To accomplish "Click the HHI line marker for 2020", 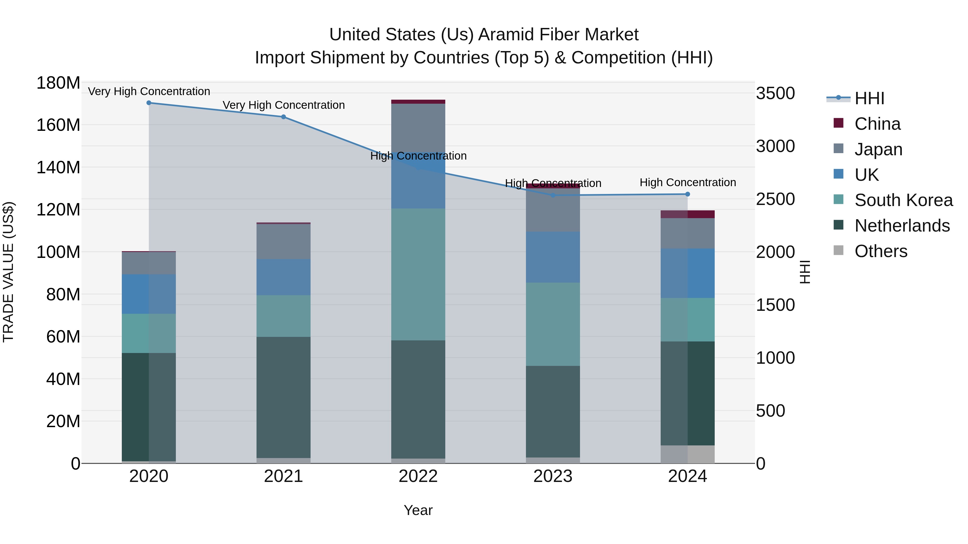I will (149, 103).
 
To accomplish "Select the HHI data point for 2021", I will (283, 117).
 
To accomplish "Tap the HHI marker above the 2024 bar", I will (687, 194).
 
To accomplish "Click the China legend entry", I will (877, 124).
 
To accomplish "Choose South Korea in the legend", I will (903, 200).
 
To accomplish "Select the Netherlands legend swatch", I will (838, 225).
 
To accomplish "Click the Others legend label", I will (881, 251).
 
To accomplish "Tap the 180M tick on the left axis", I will (58, 83).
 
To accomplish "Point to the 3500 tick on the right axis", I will (775, 93).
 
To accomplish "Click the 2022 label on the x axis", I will (418, 476).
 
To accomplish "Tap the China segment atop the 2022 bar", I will (418, 101).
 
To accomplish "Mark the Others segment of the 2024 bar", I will (687, 454).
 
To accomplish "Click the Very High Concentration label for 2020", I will (149, 92).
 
